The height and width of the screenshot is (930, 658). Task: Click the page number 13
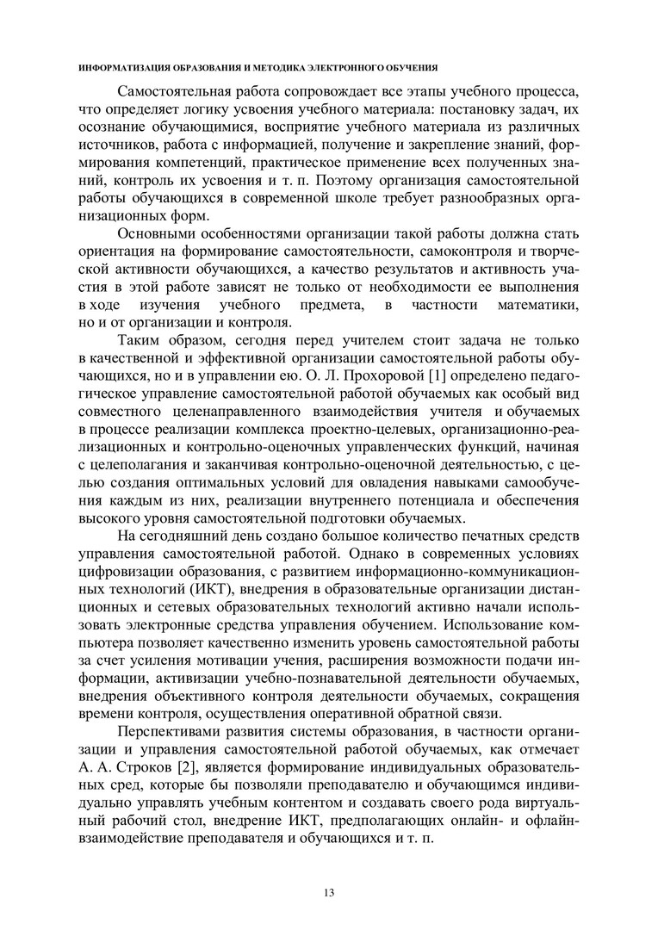tap(328, 891)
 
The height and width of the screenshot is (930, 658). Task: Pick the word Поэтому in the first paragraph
tap(345, 182)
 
